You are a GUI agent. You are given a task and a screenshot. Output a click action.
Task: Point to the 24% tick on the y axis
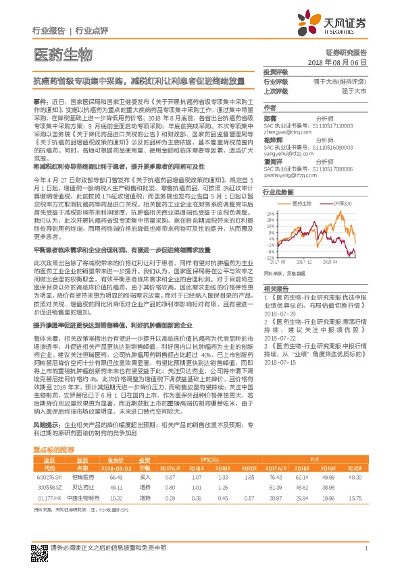(x=270, y=213)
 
